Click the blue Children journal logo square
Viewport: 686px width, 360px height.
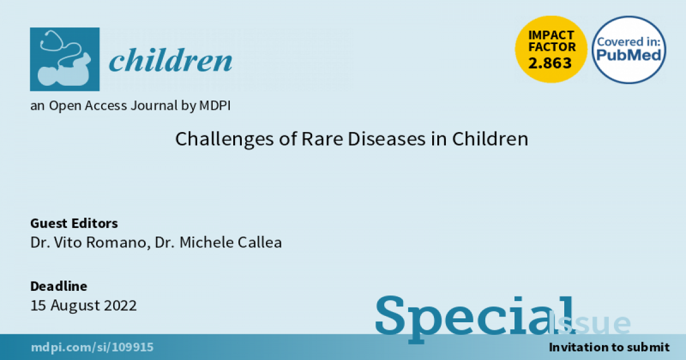[x=65, y=59]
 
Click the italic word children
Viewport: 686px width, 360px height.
[x=170, y=61]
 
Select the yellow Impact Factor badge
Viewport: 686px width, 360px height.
[x=551, y=49]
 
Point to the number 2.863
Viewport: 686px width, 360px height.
[x=550, y=63]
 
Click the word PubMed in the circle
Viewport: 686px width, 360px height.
[x=629, y=55]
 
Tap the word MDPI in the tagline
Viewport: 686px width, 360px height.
[x=215, y=106]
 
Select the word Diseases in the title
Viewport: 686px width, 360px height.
[x=387, y=139]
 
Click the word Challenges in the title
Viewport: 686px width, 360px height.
[x=224, y=139]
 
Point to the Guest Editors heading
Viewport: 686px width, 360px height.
[x=74, y=223]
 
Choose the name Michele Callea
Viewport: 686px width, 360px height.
[x=230, y=242]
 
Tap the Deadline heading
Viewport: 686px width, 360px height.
[x=59, y=286]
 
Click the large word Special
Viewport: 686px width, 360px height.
[x=475, y=319]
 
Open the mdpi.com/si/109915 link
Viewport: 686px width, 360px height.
[x=92, y=347]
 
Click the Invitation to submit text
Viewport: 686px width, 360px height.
[x=609, y=347]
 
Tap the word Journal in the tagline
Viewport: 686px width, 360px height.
[x=154, y=106]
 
